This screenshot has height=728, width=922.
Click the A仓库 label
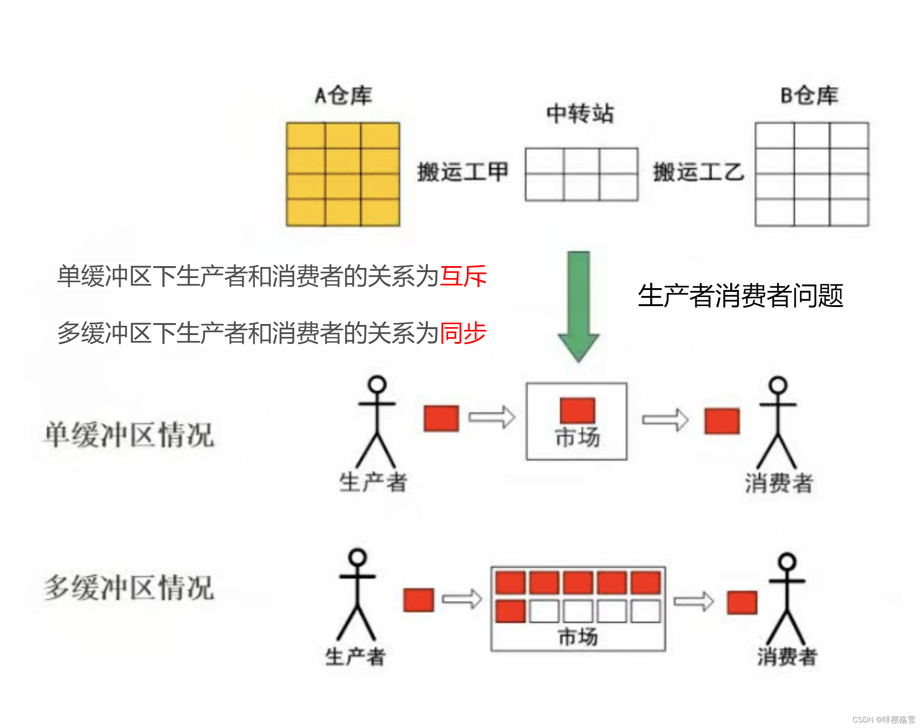pyautogui.click(x=343, y=96)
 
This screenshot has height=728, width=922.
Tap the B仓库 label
pyautogui.click(x=809, y=96)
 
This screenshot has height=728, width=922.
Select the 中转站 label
pyautogui.click(x=580, y=114)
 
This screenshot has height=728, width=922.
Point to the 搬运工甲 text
pyautogui.click(x=462, y=172)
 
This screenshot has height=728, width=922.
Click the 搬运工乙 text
pyautogui.click(x=698, y=172)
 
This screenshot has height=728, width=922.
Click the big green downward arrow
pyautogui.click(x=578, y=306)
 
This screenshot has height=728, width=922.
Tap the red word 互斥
pyautogui.click(x=463, y=276)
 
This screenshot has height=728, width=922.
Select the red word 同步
pyautogui.click(x=463, y=333)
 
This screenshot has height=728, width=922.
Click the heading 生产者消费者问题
pyautogui.click(x=740, y=296)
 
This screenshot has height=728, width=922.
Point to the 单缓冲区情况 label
pyautogui.click(x=130, y=434)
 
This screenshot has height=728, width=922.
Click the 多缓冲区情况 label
pyautogui.click(x=130, y=587)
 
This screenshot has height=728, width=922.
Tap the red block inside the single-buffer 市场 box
pyautogui.click(x=577, y=410)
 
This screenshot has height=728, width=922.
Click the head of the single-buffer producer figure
pyautogui.click(x=377, y=384)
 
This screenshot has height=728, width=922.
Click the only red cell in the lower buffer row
pyautogui.click(x=510, y=611)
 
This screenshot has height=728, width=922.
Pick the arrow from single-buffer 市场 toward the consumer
pyautogui.click(x=665, y=420)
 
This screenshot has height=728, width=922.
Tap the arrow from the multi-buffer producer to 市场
pyautogui.click(x=461, y=599)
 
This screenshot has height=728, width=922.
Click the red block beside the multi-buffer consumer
pyautogui.click(x=742, y=603)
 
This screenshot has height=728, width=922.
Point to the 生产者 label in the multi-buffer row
pyautogui.click(x=355, y=656)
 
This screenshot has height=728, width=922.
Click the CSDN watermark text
pyautogui.click(x=883, y=720)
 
